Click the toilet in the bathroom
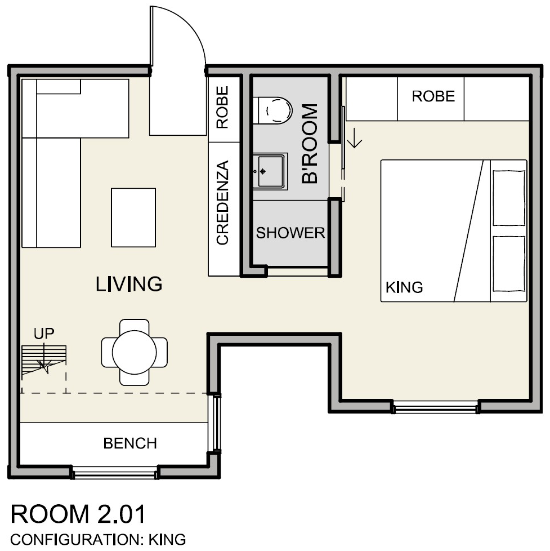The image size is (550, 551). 273,110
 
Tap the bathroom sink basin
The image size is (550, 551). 270,171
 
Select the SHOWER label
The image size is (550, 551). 290,233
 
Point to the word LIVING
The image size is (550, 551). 129,285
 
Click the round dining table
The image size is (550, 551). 135,353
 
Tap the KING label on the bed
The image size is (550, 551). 404,287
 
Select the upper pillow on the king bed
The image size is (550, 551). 509,198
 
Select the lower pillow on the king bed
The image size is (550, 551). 509,264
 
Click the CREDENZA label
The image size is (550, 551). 223,203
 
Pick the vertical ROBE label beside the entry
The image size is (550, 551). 222,107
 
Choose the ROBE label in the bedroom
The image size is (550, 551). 433,96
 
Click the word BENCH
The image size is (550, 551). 130,443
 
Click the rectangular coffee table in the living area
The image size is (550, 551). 133,217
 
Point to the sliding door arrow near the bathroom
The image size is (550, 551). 355,137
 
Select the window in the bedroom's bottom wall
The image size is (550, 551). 436,408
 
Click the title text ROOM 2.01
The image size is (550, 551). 78,514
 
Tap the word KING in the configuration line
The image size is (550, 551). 167,540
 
